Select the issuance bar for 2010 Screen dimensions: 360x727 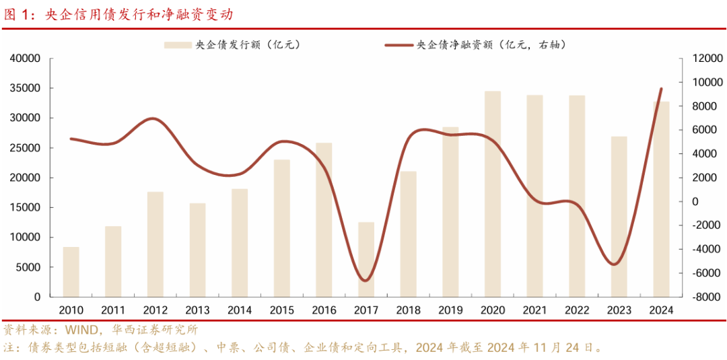tap(71, 272)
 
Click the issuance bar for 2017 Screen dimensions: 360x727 tap(366, 259)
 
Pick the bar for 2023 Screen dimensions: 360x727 tap(619, 217)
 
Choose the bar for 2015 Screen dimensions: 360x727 tap(282, 228)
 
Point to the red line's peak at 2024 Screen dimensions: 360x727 tap(661, 89)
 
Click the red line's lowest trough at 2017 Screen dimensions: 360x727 tap(366, 280)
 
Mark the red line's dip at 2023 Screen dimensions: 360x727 tap(613, 264)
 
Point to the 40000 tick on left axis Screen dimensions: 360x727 tap(26, 59)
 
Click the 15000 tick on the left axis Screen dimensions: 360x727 tap(26, 207)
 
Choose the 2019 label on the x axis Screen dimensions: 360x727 tap(450, 310)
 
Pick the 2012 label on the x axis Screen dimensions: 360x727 tap(155, 310)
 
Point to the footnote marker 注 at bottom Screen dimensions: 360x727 tap(9, 348)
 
